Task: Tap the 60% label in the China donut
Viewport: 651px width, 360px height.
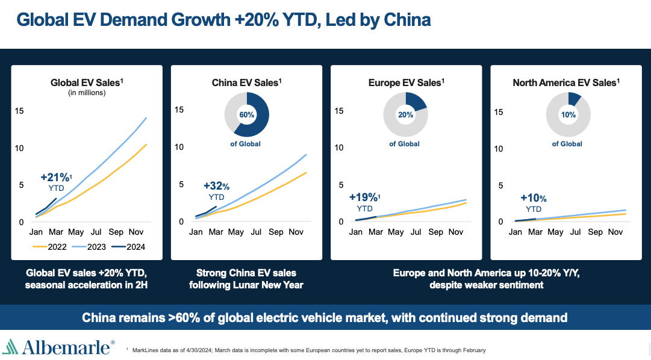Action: coord(247,114)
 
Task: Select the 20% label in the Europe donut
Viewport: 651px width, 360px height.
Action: coord(406,114)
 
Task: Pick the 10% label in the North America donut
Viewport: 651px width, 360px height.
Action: coord(567,114)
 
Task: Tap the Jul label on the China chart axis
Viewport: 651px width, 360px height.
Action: coord(256,232)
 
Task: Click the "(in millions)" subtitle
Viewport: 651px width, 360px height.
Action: coord(87,93)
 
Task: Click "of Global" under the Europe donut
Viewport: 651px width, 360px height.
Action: coord(404,144)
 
